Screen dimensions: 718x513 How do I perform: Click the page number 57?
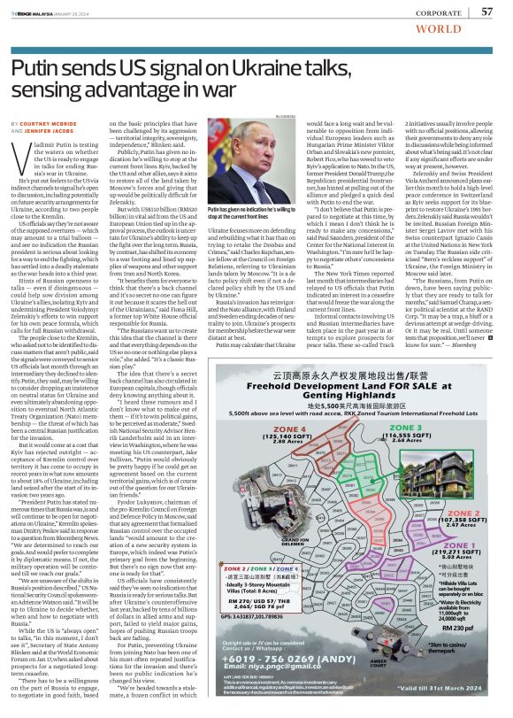coord(486,11)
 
